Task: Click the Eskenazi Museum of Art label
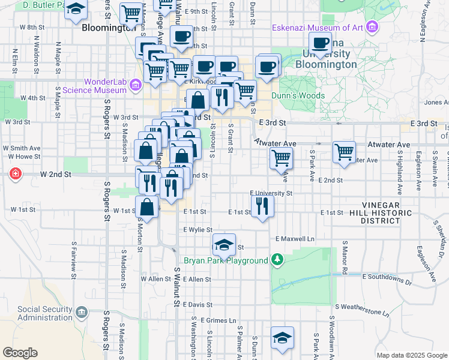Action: point(317,28)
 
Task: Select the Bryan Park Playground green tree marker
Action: point(277,260)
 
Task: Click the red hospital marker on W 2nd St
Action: point(14,174)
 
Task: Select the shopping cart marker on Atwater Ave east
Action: point(344,152)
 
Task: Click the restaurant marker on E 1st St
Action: point(262,206)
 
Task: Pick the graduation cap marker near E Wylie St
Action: point(224,244)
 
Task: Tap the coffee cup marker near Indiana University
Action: point(321,42)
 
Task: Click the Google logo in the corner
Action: point(20,353)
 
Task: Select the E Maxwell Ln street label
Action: point(295,239)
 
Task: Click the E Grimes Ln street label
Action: point(219,320)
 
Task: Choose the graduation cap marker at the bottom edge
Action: point(282,337)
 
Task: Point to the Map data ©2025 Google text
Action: point(411,355)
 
